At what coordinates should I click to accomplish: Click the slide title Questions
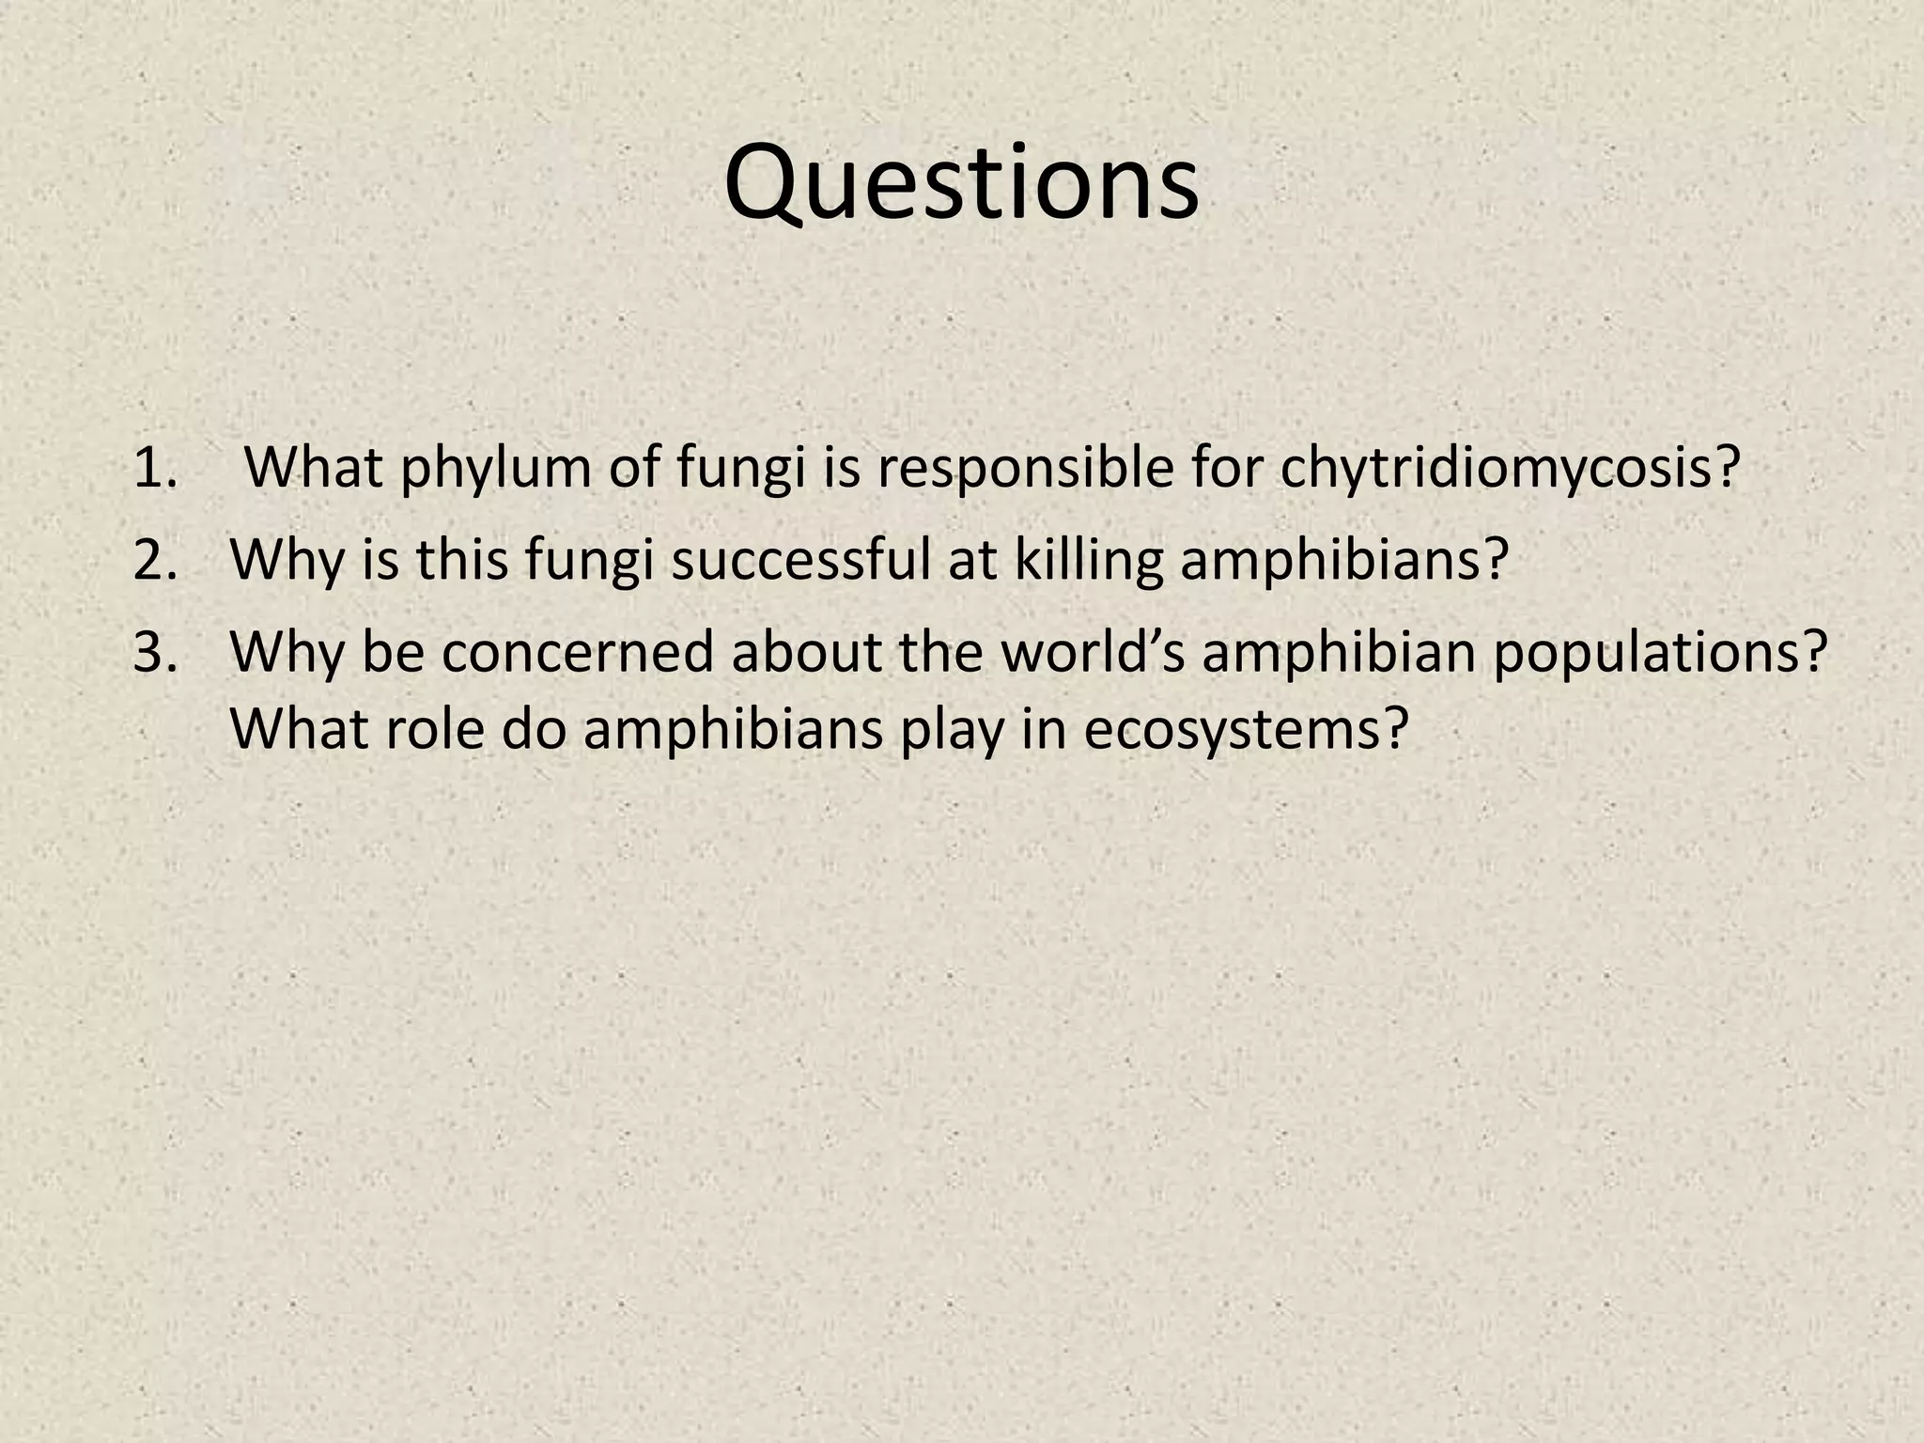pyautogui.click(x=961, y=183)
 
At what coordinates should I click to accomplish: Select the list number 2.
pyautogui.click(x=155, y=560)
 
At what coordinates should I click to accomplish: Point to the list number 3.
pyautogui.click(x=155, y=652)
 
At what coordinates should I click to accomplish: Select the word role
pyautogui.click(x=433, y=729)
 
